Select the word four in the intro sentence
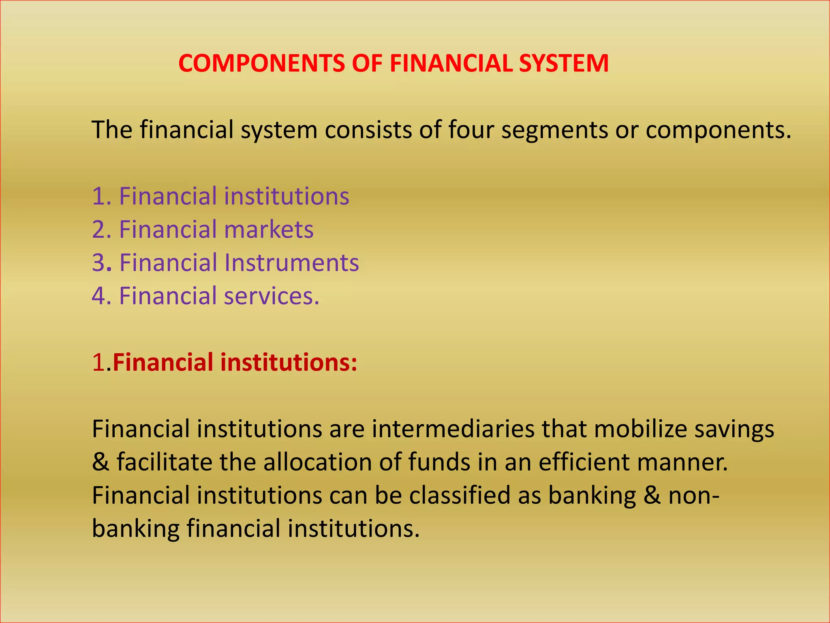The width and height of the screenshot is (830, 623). pyautogui.click(x=471, y=130)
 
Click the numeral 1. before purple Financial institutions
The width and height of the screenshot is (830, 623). pyautogui.click(x=101, y=196)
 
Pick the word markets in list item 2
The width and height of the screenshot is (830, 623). pyautogui.click(x=269, y=230)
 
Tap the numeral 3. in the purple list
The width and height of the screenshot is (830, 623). pyautogui.click(x=101, y=263)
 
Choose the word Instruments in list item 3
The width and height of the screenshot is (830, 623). pyautogui.click(x=291, y=263)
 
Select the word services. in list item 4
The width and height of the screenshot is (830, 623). pyautogui.click(x=272, y=296)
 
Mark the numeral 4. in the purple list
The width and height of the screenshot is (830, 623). pyautogui.click(x=101, y=296)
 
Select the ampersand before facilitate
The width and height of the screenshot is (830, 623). pyautogui.click(x=101, y=462)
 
